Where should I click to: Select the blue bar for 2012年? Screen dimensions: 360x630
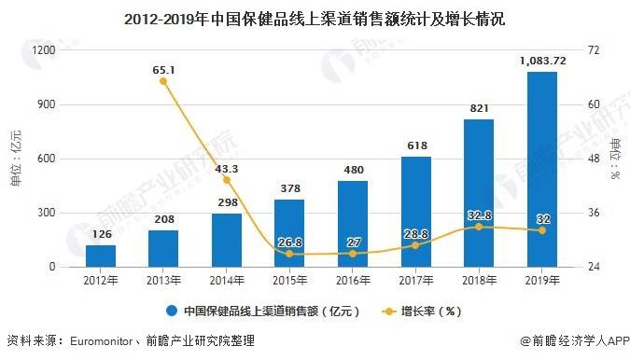point(100,256)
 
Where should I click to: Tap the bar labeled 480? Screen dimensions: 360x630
point(353,224)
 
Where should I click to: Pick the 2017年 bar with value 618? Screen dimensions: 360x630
point(416,212)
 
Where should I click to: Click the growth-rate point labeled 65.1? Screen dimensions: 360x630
point(163,82)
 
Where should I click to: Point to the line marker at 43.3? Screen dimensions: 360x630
point(227,180)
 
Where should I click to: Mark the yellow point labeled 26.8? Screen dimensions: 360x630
point(289,254)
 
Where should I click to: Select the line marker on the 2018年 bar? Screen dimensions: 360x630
point(479,227)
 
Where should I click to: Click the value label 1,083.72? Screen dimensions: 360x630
point(542,62)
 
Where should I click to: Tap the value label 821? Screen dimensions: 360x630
point(479,109)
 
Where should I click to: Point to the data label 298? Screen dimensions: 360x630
point(227,203)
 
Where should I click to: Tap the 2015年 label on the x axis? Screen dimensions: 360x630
point(289,280)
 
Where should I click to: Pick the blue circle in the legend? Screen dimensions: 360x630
point(173,311)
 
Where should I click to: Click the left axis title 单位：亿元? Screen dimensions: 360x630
point(15,159)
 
